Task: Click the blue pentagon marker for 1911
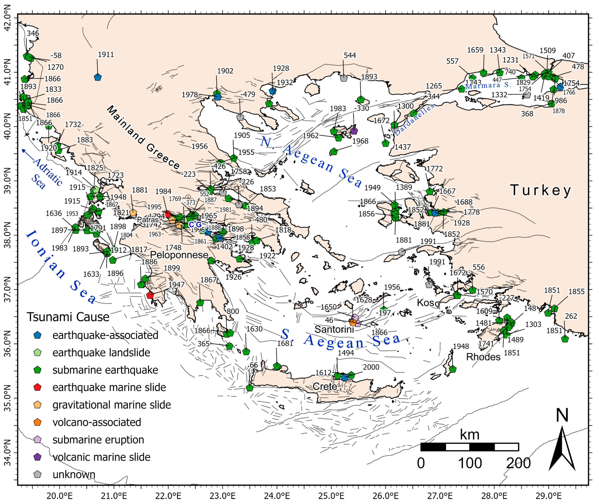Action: coord(98,77)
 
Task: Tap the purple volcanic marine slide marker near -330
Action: coord(354,131)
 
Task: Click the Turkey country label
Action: coord(541,190)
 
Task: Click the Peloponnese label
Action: coord(179,255)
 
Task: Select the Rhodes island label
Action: coord(483,357)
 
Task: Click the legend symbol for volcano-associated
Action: coord(38,422)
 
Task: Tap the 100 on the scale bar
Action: coord(470,463)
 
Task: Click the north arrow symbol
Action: coord(562,449)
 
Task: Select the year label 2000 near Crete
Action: coord(371,367)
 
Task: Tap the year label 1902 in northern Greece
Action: coord(225,71)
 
